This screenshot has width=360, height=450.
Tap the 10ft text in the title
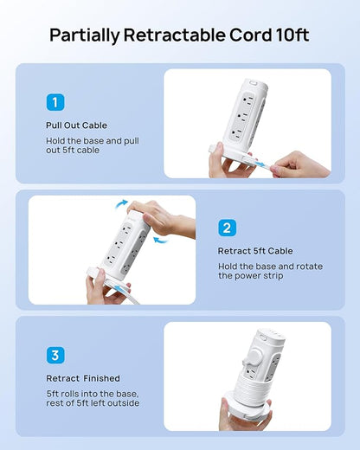coord(292,35)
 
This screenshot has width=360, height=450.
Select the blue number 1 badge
coord(55,102)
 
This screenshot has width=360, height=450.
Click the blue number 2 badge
coord(227,228)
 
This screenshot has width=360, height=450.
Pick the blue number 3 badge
coord(55,355)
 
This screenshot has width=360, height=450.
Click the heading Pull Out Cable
coord(76,125)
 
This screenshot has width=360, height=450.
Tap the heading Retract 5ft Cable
coord(255,251)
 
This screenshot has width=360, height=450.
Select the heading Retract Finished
coord(83,378)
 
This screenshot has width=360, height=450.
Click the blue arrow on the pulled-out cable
coord(260,164)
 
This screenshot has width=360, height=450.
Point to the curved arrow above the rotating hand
coord(121,203)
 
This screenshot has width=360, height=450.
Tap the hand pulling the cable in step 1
coord(300,165)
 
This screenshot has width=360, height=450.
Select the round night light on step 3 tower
coord(254,357)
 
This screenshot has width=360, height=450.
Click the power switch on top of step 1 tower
coord(254,82)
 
